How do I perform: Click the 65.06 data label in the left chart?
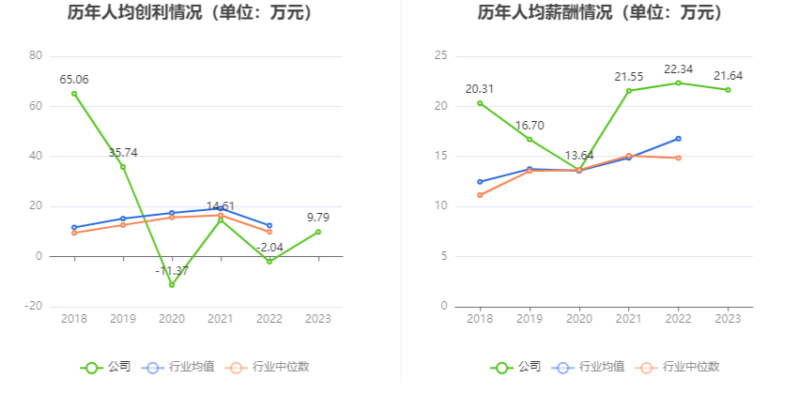coord(74,79)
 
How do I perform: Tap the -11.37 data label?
coord(172,271)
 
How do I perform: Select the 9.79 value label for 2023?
coord(319,218)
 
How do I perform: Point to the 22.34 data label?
coord(679,69)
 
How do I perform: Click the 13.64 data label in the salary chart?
coord(579,156)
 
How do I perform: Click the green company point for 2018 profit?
coord(74,93)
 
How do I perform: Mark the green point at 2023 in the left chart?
coord(318,232)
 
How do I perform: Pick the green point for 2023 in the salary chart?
coord(728,90)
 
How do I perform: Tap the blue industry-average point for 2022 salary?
coord(678,139)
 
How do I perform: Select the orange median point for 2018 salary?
coord(480,195)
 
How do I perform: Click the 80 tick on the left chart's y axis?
coord(36,56)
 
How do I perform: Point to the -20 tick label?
coord(33,307)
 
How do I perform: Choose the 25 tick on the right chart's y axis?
coord(440,56)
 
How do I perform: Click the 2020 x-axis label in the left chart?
coord(172,319)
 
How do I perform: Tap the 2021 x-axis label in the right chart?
coord(629,319)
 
